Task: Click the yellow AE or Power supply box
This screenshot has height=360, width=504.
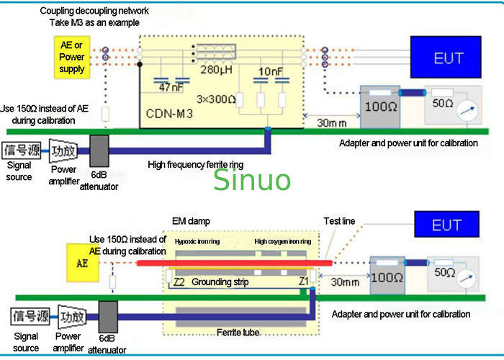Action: [72, 57]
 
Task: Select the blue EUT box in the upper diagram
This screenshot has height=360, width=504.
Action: [447, 57]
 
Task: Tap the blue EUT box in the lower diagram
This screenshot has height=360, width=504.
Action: [446, 225]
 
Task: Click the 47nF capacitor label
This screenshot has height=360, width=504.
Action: [172, 87]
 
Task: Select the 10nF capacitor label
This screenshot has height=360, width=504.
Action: [271, 71]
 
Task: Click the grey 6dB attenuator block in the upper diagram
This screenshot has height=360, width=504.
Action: [99, 153]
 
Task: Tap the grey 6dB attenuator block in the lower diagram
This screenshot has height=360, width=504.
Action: [107, 317]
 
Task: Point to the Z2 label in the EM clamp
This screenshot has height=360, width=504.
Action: [180, 282]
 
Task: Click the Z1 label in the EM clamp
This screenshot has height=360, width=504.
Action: [303, 282]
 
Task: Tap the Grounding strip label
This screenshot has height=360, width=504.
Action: [220, 282]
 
